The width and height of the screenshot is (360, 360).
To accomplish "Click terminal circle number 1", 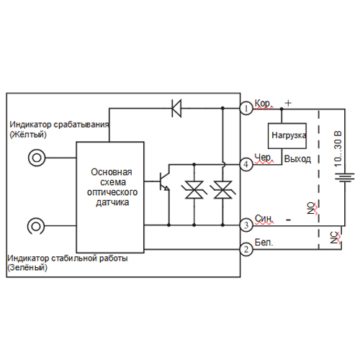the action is click(246, 109).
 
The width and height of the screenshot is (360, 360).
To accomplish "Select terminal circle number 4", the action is click(246, 165).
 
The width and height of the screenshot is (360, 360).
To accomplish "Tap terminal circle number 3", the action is click(246, 225).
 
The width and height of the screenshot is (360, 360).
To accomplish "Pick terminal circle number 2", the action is click(246, 250).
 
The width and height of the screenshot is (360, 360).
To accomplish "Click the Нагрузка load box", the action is click(287, 136).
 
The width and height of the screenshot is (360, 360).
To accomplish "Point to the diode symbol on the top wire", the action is click(176, 108).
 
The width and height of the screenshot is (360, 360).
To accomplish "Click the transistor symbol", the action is click(164, 181).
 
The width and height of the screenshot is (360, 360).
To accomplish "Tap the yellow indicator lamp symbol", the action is click(37, 158).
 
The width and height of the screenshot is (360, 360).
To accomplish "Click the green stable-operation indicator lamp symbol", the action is click(36, 226).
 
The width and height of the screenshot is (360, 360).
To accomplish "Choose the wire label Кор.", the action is click(264, 104).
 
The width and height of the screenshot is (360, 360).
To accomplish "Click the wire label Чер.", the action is click(264, 158).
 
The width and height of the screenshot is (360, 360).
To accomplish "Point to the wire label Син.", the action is click(264, 218).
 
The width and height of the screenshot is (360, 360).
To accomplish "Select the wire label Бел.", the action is click(264, 242).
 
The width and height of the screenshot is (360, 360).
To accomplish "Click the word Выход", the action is click(297, 159).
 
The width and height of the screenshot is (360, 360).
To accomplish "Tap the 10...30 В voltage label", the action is click(338, 149).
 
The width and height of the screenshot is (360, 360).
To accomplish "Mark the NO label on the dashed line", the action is click(312, 208).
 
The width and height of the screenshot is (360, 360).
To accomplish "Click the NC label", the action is click(335, 238).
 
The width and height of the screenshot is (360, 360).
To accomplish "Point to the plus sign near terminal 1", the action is click(288, 103).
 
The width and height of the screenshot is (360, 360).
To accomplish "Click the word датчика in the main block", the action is click(112, 202).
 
